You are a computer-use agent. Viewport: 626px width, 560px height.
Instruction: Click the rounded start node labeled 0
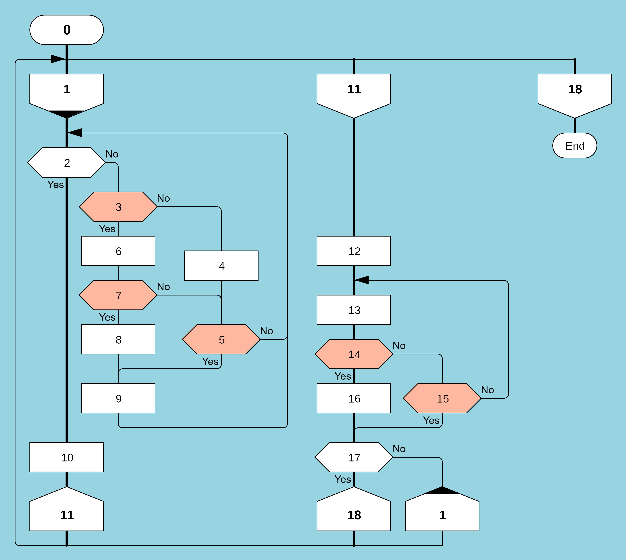[x=66, y=30]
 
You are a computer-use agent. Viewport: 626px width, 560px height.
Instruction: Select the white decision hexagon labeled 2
[x=66, y=162]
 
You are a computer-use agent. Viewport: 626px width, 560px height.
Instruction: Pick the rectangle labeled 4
[x=221, y=265]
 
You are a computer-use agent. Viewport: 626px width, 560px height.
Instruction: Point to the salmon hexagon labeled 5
[x=221, y=339]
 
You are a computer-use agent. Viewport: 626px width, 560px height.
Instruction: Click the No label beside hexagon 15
[x=487, y=390]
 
